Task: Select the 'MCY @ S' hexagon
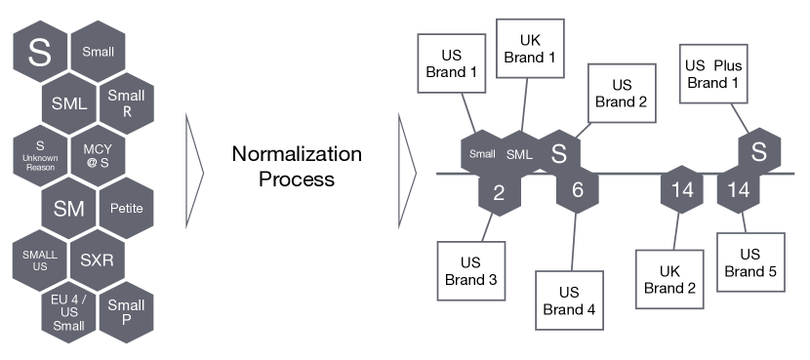(x=97, y=155)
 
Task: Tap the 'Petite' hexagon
(x=126, y=207)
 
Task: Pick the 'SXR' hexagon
(x=97, y=260)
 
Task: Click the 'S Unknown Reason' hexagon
(x=39, y=155)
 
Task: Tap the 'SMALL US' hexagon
(x=39, y=260)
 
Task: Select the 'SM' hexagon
(x=67, y=207)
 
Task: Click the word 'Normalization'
(x=297, y=155)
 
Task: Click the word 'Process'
(x=297, y=180)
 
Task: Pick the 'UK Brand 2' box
(x=669, y=278)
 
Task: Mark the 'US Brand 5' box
(x=751, y=261)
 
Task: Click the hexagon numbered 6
(x=577, y=191)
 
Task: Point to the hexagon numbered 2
(x=499, y=191)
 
